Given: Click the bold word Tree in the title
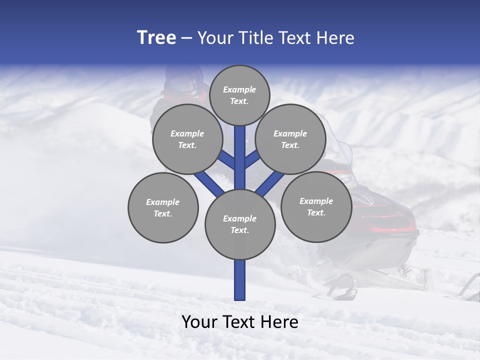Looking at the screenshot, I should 156,37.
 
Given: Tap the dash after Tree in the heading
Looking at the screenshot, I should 186,38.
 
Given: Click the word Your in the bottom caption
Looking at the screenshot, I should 199,322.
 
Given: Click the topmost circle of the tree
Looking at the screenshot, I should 239,95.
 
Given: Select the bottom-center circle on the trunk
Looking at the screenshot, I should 240,224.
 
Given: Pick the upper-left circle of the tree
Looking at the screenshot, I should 187,139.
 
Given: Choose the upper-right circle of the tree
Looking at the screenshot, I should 290,139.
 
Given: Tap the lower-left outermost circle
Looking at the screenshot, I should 163,207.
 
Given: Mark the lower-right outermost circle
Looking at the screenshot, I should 316,206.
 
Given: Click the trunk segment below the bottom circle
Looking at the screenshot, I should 240,280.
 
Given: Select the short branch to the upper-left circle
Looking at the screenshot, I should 226,160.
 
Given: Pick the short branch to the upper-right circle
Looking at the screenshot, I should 252,159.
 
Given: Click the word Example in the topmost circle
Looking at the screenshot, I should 239,89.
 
